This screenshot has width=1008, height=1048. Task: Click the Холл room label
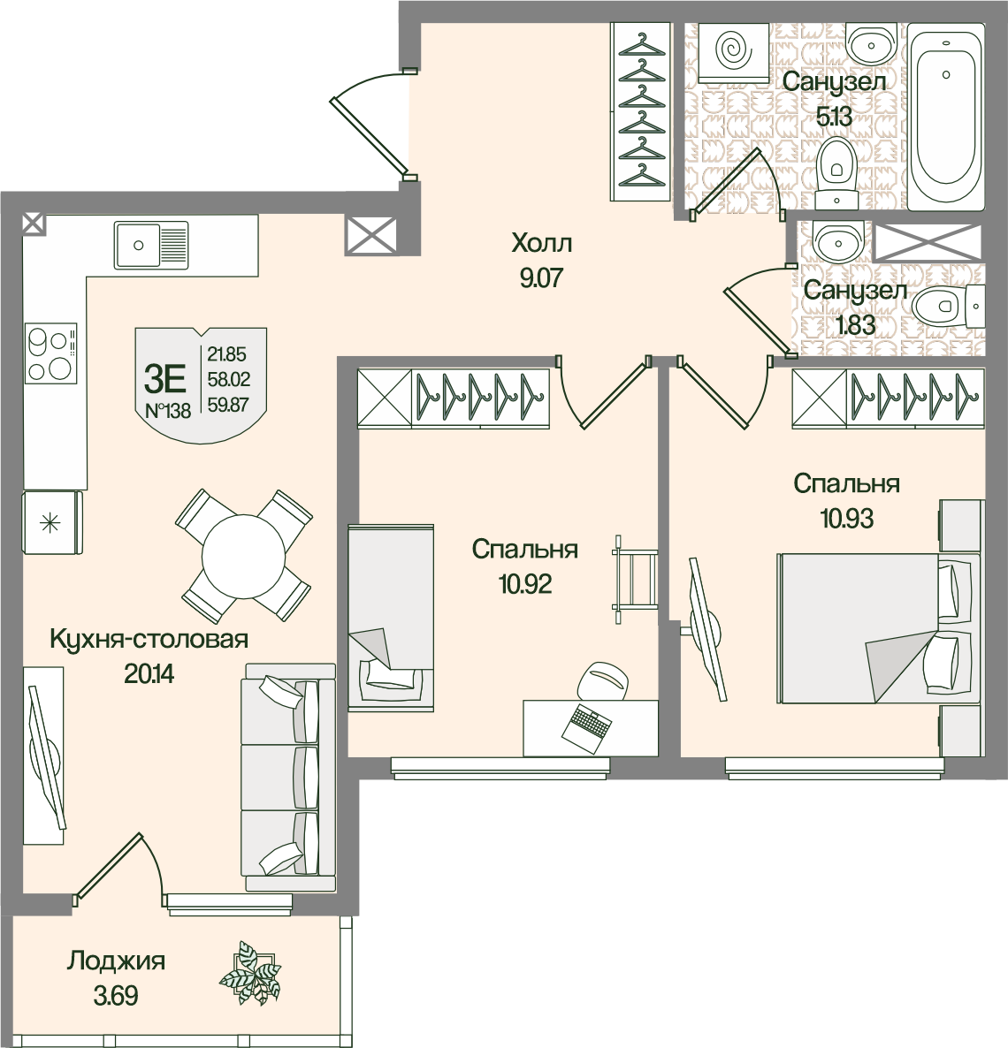click(x=542, y=243)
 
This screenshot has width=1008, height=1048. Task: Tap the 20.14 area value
click(x=149, y=673)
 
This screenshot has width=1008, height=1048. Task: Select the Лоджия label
click(x=116, y=961)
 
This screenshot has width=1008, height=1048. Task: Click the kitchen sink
click(x=151, y=245)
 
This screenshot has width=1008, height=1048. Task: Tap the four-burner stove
click(x=50, y=353)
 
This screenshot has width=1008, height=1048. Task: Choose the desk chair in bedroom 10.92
click(x=603, y=682)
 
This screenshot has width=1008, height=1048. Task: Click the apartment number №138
click(x=168, y=410)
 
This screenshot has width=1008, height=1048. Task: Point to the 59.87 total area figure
click(x=229, y=405)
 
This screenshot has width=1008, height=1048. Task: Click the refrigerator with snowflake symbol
click(x=53, y=522)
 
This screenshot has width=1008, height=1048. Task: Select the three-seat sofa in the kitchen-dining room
click(x=289, y=777)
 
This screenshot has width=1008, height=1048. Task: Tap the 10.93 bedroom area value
click(x=847, y=518)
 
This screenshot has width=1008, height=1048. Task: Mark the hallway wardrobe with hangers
click(x=640, y=111)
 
